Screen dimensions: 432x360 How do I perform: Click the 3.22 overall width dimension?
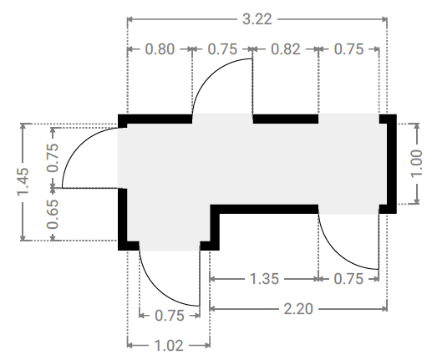coord(257,19)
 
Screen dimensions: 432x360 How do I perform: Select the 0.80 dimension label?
coord(160,49)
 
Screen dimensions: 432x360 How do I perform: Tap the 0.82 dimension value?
coord(286,49)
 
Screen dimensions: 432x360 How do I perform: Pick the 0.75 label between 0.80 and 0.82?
coord(222,49)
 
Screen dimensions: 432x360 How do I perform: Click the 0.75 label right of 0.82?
coord(348,49)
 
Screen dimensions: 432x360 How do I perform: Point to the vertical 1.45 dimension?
coord(23,181)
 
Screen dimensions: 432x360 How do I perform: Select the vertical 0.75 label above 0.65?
coord(53,158)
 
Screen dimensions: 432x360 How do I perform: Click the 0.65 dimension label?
coord(53,215)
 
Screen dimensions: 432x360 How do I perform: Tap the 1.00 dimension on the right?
coord(417,164)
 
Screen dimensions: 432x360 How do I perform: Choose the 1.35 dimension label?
coord(264,279)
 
